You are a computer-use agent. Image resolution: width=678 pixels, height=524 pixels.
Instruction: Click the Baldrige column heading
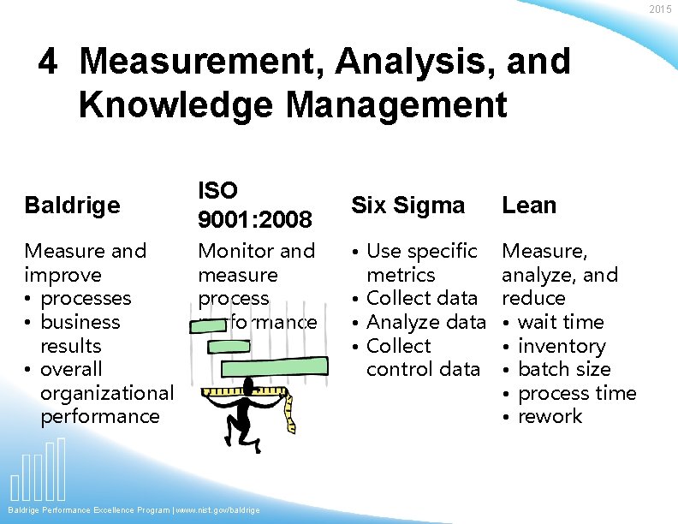(x=72, y=205)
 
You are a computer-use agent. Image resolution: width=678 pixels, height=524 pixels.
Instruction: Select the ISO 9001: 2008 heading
(x=254, y=205)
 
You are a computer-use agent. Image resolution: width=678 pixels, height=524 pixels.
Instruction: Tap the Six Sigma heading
(x=407, y=205)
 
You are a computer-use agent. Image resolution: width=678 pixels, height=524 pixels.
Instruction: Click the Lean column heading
(x=529, y=205)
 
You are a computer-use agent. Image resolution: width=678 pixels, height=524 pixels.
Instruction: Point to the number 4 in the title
(x=49, y=62)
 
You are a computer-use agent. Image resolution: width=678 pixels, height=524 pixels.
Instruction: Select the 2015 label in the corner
(x=660, y=9)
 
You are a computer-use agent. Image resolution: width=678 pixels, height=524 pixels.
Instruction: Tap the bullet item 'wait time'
(x=561, y=322)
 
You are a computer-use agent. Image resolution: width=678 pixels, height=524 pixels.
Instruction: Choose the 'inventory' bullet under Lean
(x=562, y=346)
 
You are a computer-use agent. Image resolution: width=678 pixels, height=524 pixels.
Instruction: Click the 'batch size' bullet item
(x=564, y=369)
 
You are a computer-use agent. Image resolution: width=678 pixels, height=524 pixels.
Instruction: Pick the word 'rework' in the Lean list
(x=550, y=416)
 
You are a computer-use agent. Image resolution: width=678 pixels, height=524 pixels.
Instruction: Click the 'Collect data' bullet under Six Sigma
(x=421, y=298)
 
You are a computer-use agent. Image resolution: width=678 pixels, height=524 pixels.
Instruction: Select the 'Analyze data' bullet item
(x=425, y=322)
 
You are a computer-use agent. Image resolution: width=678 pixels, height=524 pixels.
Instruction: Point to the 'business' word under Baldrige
(x=80, y=322)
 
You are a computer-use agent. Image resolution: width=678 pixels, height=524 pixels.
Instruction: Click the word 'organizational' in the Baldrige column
(x=106, y=393)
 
